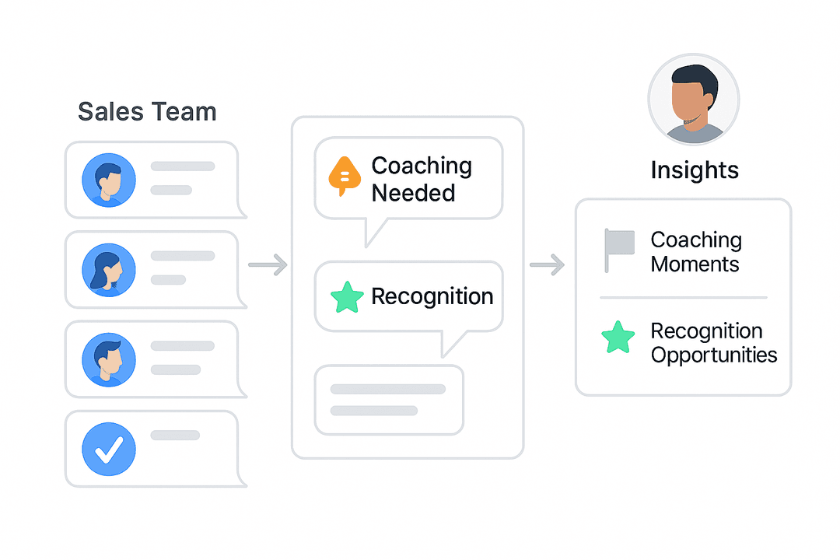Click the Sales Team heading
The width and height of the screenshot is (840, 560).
point(147,112)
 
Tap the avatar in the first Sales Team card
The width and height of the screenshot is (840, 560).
point(109,180)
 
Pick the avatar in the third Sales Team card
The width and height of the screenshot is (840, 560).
point(109,359)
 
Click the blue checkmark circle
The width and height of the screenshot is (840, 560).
point(109,449)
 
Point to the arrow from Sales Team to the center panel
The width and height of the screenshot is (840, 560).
point(268,265)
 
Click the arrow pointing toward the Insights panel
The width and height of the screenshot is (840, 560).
point(547,265)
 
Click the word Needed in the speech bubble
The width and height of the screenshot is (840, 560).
point(413,193)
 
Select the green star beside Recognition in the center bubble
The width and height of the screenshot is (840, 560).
point(347,297)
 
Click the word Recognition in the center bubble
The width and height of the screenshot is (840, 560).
point(432,296)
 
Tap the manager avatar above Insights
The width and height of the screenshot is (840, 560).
point(693,100)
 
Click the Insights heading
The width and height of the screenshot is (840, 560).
point(695,170)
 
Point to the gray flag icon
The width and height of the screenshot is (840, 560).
point(619,250)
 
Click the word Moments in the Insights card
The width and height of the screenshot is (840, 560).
point(695,264)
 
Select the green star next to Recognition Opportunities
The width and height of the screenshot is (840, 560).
point(618,338)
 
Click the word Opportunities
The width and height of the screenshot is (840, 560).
point(714,355)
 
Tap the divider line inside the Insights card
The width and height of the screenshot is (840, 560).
point(683,297)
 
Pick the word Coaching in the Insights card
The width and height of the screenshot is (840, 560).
point(696,240)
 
